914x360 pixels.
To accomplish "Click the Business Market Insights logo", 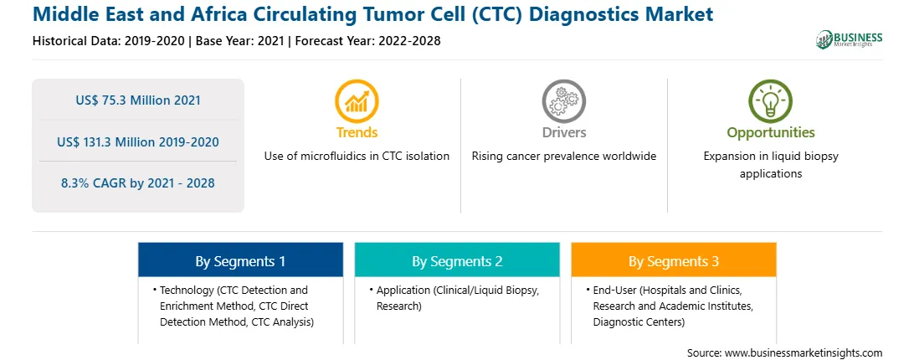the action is pyautogui.click(x=850, y=39).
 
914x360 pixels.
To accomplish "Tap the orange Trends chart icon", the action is pyautogui.click(x=357, y=101).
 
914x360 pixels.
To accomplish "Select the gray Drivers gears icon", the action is pyautogui.click(x=563, y=101).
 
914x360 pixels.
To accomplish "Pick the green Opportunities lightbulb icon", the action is pyautogui.click(x=771, y=101).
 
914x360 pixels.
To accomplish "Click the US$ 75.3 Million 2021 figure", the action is pyautogui.click(x=138, y=100).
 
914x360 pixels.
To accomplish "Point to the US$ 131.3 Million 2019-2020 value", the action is pyautogui.click(x=138, y=141).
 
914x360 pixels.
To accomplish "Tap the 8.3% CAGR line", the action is pyautogui.click(x=138, y=183).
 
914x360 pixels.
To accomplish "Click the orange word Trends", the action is pyautogui.click(x=357, y=132).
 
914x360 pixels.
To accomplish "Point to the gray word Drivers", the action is pyautogui.click(x=563, y=132).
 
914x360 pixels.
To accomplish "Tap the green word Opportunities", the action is pyautogui.click(x=771, y=132).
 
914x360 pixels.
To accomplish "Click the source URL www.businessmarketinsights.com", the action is pyautogui.click(x=804, y=352).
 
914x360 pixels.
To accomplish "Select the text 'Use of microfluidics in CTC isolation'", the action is pyautogui.click(x=357, y=156).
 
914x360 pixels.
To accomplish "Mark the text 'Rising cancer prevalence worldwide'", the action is pyautogui.click(x=563, y=156).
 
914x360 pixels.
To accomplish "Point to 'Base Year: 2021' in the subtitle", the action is pyautogui.click(x=240, y=41).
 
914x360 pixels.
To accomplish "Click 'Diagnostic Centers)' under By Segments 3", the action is pyautogui.click(x=639, y=321).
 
